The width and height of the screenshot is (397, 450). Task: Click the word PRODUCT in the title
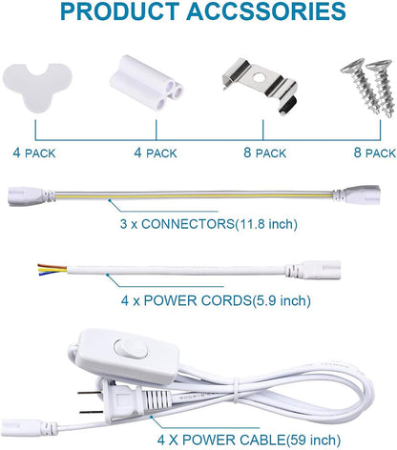pos(120,11)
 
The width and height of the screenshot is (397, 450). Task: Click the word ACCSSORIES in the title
pos(266,11)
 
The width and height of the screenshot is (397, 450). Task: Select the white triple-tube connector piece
pos(147,83)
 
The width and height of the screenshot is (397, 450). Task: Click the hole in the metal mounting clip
pos(259,78)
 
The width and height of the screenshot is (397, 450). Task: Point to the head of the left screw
pos(352,66)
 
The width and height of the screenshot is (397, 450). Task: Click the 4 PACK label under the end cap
pos(34,153)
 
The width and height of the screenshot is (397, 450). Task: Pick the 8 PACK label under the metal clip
pos(265,153)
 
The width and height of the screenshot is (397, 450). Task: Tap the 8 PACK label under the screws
pos(375,153)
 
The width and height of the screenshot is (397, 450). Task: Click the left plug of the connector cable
pos(31,195)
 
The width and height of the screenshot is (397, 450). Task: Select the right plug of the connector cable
pos(356,193)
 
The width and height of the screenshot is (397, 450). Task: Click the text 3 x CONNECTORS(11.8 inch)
pos(209,224)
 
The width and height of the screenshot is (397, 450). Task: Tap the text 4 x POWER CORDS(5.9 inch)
pos(216,300)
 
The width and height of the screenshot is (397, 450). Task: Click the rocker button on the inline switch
pos(131,350)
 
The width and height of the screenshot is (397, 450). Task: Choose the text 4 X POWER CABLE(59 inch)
pos(249,440)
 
